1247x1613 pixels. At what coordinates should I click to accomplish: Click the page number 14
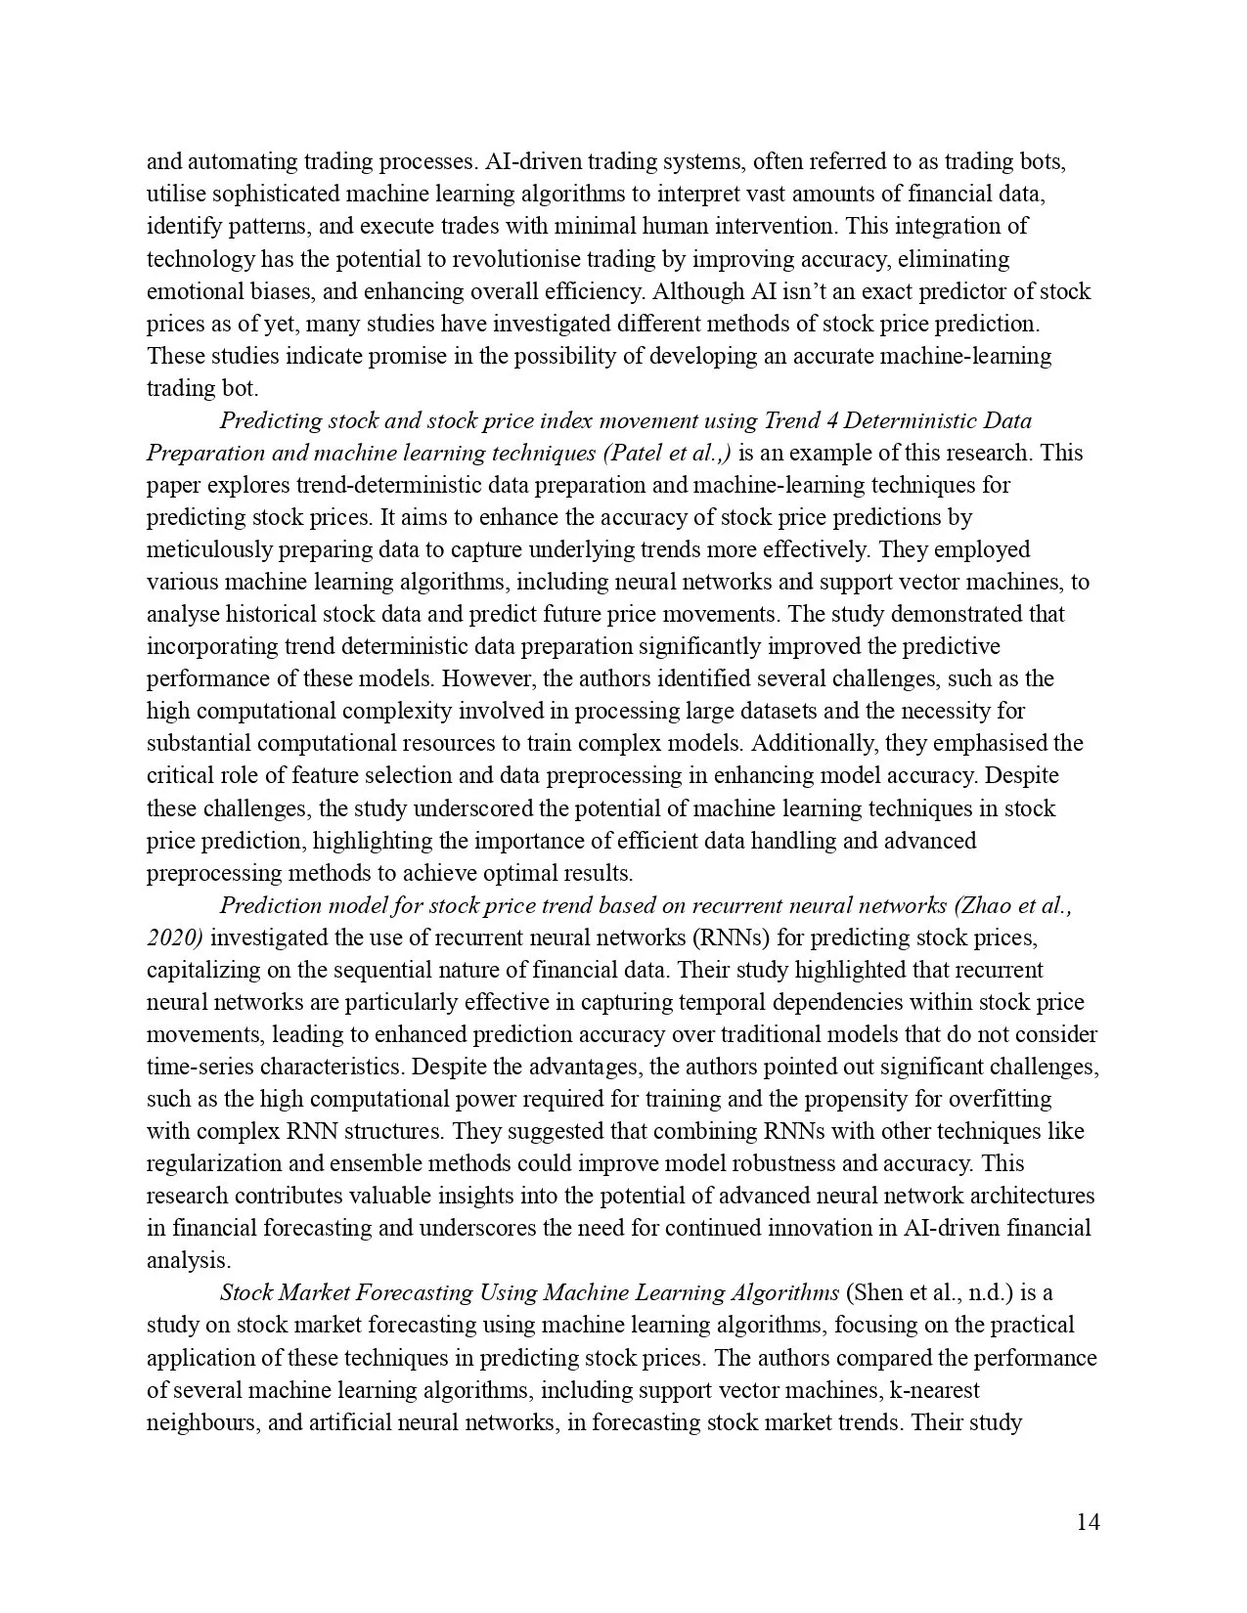click(1088, 1522)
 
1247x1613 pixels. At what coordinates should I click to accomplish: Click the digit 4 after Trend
click(828, 420)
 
